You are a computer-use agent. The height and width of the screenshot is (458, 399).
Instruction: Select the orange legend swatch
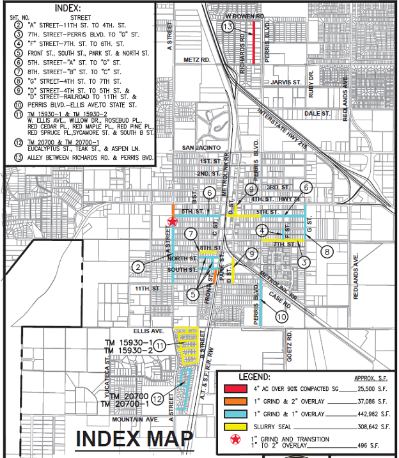point(235,401)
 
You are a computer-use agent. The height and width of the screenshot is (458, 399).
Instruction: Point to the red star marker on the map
point(171,221)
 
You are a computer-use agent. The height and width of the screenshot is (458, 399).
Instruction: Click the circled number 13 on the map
point(228,26)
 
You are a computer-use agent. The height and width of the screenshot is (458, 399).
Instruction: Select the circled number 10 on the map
point(281,316)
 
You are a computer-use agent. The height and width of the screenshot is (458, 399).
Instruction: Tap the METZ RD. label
point(198,59)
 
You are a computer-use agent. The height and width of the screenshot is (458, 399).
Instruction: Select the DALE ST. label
point(318,113)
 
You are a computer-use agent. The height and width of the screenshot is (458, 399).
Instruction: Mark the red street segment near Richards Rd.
point(254,42)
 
